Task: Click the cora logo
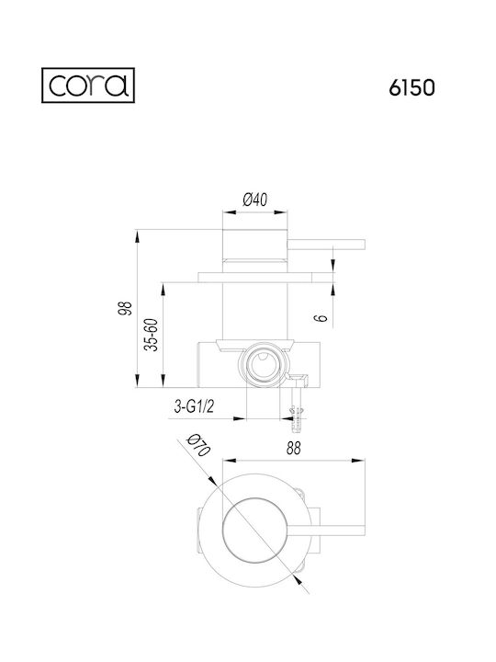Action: click(x=88, y=86)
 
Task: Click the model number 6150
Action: click(x=411, y=88)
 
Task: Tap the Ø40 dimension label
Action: click(x=255, y=200)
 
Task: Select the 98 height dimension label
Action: click(x=126, y=308)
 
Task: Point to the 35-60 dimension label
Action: click(x=151, y=335)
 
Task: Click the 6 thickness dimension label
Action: click(x=321, y=316)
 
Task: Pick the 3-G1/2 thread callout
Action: click(x=194, y=406)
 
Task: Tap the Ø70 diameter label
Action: click(x=197, y=445)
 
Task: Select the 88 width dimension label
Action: click(x=294, y=448)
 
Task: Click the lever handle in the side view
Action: click(x=326, y=245)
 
